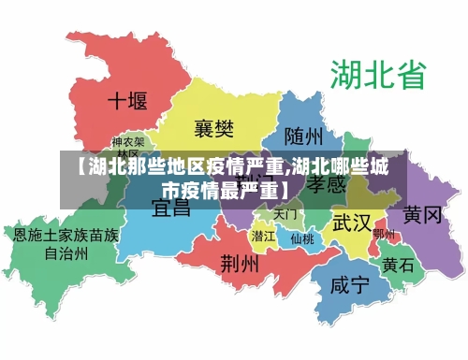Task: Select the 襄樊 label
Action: (215, 126)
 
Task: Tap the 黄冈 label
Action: (422, 214)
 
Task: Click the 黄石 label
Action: (397, 265)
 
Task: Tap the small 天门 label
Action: (285, 214)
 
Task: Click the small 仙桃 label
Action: (301, 238)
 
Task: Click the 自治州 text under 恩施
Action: (66, 252)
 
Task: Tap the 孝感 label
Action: (328, 185)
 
